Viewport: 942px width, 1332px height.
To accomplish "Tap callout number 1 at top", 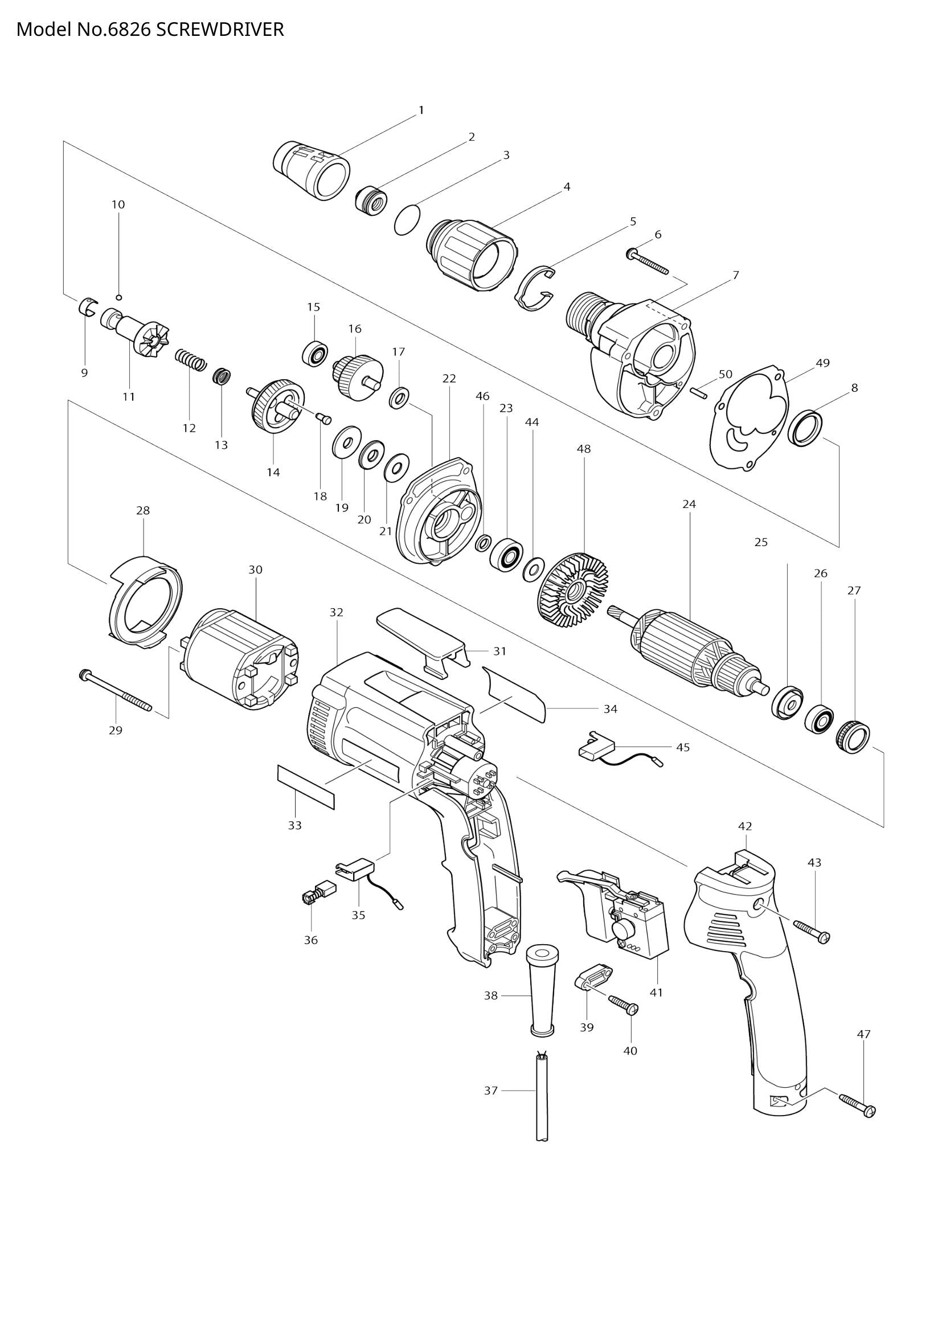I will pyautogui.click(x=421, y=110).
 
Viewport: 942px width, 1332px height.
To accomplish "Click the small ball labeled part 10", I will pyautogui.click(x=118, y=297).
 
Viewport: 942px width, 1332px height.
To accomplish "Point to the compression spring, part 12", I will pyautogui.click(x=191, y=360).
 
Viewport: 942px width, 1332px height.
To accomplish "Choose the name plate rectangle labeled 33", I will pyautogui.click(x=306, y=786).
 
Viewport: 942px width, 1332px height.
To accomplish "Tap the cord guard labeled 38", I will pyautogui.click(x=542, y=995).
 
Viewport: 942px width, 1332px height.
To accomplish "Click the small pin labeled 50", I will pyautogui.click(x=700, y=392).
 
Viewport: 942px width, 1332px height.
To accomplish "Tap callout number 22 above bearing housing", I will pyautogui.click(x=449, y=378).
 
